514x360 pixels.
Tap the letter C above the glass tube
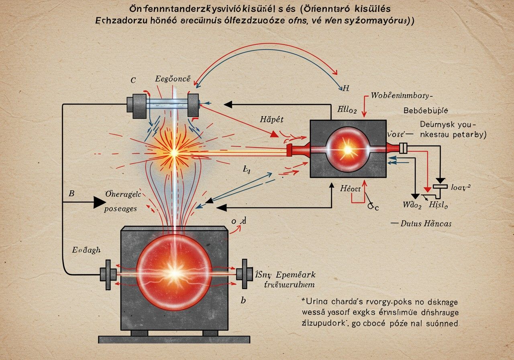coord(133,80)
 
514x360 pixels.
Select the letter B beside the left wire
coord(72,193)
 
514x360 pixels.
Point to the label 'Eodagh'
coord(86,250)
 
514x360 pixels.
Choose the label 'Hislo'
coord(439,204)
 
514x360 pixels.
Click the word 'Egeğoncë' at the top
coord(172,79)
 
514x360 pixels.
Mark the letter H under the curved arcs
coord(342,87)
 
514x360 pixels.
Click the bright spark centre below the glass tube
coord(175,153)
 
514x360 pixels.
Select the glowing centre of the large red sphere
coord(175,273)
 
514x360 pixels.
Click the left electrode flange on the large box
coord(108,274)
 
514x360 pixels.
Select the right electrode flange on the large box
coord(243,274)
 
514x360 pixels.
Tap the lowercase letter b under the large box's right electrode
coord(243,300)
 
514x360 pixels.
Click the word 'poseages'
coord(120,209)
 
